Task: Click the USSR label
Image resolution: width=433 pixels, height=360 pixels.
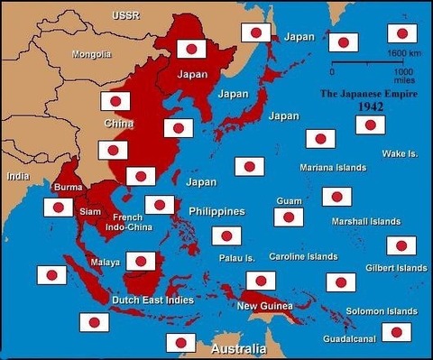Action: click(x=124, y=16)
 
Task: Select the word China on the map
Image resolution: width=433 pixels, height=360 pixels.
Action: click(x=119, y=123)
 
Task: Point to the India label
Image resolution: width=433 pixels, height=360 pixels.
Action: click(x=18, y=176)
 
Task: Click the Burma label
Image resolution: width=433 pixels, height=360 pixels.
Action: click(x=69, y=188)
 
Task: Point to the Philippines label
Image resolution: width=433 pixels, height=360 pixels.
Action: click(x=216, y=212)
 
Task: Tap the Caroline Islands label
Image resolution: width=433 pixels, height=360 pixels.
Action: click(x=303, y=257)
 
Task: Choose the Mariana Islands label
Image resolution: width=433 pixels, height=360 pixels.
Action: click(x=333, y=168)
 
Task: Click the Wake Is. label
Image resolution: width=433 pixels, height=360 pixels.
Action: click(x=400, y=153)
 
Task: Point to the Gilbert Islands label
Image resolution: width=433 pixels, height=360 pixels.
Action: click(x=396, y=268)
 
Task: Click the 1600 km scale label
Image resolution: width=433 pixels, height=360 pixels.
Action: click(x=401, y=54)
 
